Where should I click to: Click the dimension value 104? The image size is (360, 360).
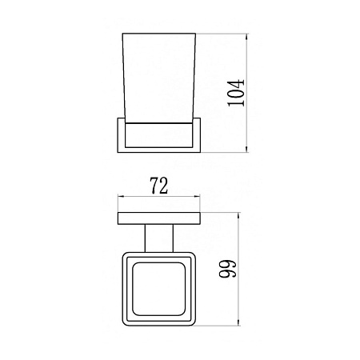point(236,93)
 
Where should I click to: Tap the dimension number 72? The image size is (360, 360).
point(159,186)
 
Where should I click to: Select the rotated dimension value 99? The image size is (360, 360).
point(228,269)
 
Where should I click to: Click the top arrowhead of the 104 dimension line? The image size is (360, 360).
point(246,37)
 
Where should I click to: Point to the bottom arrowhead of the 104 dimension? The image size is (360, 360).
point(246,149)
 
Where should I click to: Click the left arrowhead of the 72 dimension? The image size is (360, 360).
point(122,197)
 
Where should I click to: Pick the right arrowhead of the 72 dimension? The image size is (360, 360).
point(197,197)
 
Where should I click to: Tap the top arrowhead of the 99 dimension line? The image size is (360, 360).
point(238,216)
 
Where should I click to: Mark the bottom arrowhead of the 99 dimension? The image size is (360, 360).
point(238,322)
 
